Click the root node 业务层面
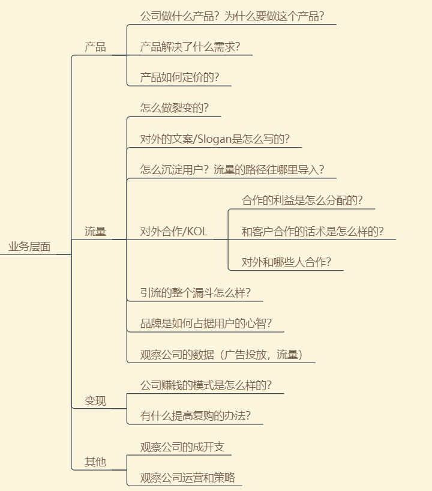click(x=29, y=247)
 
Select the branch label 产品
click(x=95, y=47)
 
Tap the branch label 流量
click(x=95, y=232)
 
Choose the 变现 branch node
click(x=95, y=401)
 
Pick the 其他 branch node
click(x=95, y=462)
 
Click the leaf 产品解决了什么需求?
click(x=190, y=47)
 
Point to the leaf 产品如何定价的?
click(x=179, y=77)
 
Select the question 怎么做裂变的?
click(x=175, y=108)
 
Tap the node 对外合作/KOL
click(x=174, y=232)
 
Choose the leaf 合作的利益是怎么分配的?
click(x=302, y=200)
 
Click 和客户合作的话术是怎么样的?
click(x=313, y=232)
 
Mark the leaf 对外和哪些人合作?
click(x=286, y=262)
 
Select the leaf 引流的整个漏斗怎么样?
click(x=196, y=293)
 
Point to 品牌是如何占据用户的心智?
click(x=206, y=324)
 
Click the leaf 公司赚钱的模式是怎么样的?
click(x=206, y=385)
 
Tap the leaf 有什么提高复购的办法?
click(x=196, y=416)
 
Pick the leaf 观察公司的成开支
click(x=182, y=447)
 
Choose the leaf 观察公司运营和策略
click(x=188, y=478)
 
